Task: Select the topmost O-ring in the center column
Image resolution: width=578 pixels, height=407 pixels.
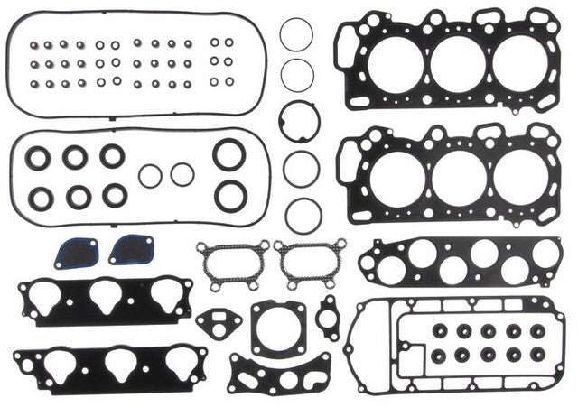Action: point(296,35)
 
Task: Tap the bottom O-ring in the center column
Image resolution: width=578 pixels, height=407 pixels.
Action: point(303,214)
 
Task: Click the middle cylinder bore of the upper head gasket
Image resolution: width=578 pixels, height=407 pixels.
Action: point(457,62)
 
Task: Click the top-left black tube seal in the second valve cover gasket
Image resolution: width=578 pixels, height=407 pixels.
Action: point(38,158)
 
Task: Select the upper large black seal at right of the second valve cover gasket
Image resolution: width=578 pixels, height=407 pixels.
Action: point(229,154)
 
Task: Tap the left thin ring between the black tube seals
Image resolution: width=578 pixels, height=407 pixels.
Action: point(151,174)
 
